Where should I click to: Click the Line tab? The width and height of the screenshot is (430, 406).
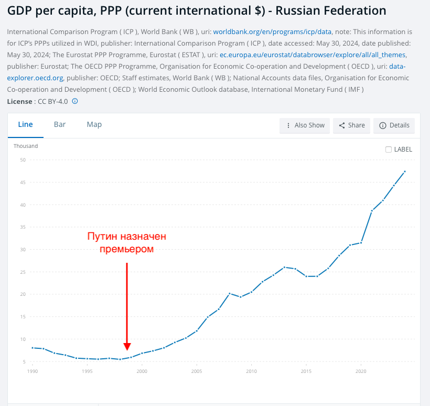[25, 125]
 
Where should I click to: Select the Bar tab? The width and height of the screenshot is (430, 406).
[60, 125]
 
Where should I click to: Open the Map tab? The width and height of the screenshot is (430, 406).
[94, 125]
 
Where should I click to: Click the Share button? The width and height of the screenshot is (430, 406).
[351, 125]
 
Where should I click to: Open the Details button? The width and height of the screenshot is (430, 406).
[394, 125]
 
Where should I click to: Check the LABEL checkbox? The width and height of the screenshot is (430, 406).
[389, 149]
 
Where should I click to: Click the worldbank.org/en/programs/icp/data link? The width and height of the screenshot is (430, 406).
[272, 31]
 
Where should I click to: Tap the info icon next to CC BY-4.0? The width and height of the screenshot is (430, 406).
[75, 101]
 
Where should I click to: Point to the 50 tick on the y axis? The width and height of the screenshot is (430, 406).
[23, 160]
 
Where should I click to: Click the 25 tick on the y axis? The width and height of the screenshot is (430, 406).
[23, 272]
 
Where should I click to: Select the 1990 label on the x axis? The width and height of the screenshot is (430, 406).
[33, 371]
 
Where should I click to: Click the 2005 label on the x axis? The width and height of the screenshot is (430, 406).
[197, 371]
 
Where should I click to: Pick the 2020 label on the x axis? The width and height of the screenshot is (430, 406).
[361, 371]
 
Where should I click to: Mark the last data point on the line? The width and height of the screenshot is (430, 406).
[405, 172]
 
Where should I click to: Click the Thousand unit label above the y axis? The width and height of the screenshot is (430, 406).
[26, 146]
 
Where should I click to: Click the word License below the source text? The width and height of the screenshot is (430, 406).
[19, 101]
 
